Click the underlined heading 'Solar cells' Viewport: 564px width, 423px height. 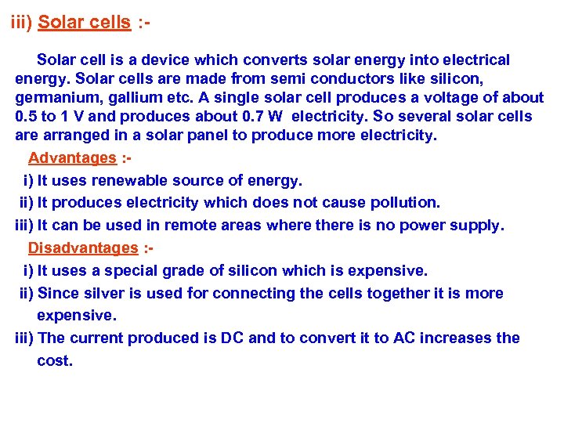(x=84, y=23)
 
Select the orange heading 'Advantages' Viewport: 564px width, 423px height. (x=72, y=158)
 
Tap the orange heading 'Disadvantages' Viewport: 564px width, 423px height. (x=82, y=248)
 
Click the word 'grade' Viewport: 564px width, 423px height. (x=182, y=271)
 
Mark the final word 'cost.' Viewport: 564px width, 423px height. (x=55, y=361)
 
